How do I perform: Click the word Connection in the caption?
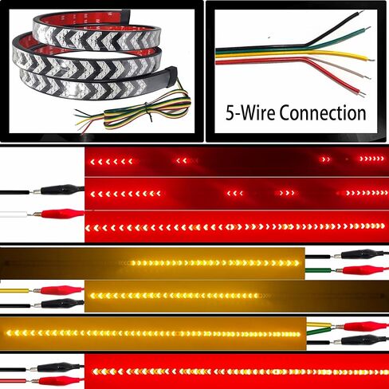(323, 112)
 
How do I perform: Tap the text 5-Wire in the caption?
(251, 112)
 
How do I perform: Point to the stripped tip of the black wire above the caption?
(360, 12)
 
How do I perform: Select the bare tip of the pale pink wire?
(367, 77)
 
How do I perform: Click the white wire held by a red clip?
(14, 214)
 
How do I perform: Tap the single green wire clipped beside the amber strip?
(318, 270)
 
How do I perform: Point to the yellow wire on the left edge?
(14, 291)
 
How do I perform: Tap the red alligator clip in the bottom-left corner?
(57, 380)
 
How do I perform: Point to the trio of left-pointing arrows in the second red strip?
(235, 193)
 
